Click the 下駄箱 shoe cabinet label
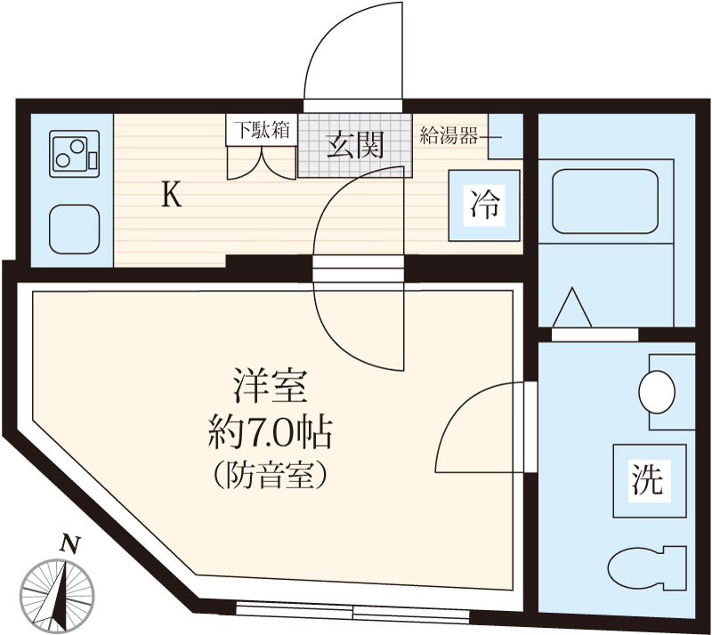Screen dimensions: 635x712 coord(261,129)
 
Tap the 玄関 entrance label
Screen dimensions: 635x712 coord(353,145)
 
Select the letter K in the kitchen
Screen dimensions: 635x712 coord(172,195)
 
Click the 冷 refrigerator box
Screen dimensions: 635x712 coord(485,205)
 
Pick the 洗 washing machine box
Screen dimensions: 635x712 coord(648,480)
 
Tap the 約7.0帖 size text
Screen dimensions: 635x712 coord(270,434)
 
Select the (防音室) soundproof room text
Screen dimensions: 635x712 coord(270,476)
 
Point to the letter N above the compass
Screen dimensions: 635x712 coord(67,543)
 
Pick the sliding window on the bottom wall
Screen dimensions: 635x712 coord(353,613)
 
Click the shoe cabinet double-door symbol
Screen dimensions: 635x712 coord(261,161)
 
